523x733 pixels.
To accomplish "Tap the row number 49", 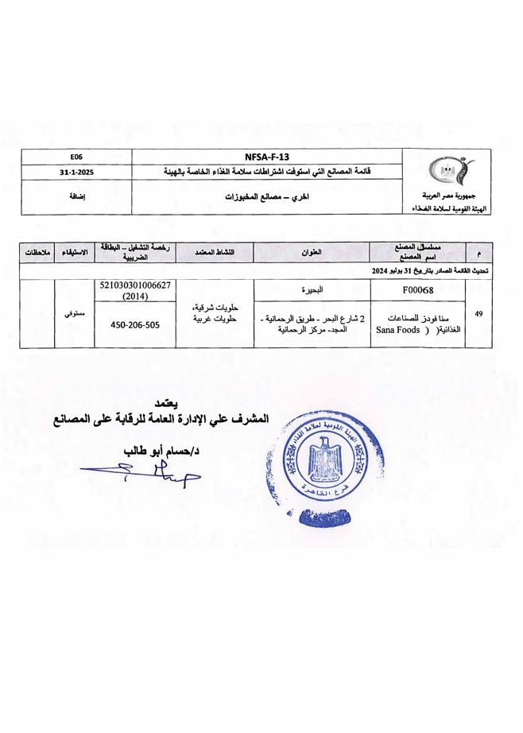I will (x=478, y=314).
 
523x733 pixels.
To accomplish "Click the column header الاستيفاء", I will (x=75, y=253).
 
